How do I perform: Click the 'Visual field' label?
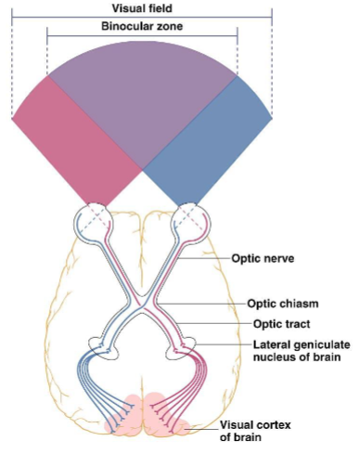tap(142, 6)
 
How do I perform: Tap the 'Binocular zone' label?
tap(142, 27)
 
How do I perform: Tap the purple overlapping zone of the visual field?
tap(142, 93)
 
